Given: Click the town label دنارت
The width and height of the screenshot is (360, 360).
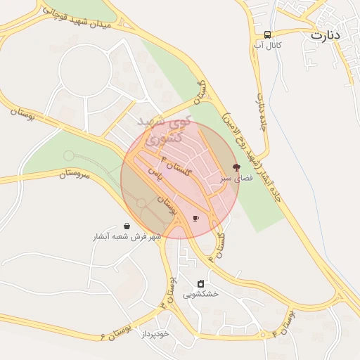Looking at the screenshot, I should click(324, 34).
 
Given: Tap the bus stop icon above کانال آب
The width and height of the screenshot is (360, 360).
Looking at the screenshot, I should click(268, 34).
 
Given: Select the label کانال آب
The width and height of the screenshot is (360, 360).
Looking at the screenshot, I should click(268, 45).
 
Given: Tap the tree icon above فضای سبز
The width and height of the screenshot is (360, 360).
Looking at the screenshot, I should click(236, 168).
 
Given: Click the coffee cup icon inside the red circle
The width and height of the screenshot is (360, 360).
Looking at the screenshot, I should click(195, 218).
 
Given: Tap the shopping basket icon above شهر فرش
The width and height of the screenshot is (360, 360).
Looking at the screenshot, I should click(127, 226).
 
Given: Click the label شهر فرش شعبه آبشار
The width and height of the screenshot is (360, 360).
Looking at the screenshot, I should click(127, 237).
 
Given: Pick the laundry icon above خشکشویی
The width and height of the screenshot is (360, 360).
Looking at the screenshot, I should click(200, 283).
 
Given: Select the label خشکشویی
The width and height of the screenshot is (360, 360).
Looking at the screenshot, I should click(200, 295).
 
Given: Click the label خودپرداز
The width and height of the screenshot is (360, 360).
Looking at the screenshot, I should click(155, 334).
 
